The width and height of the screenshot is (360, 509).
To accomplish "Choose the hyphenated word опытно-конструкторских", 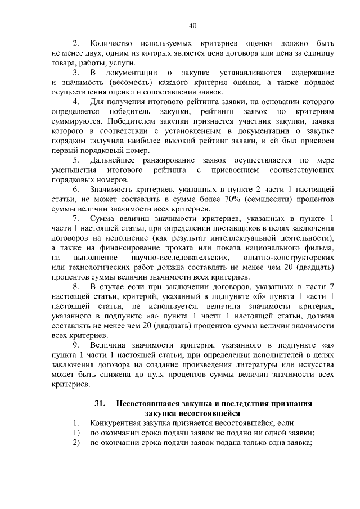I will pyautogui.click(x=292, y=258).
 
